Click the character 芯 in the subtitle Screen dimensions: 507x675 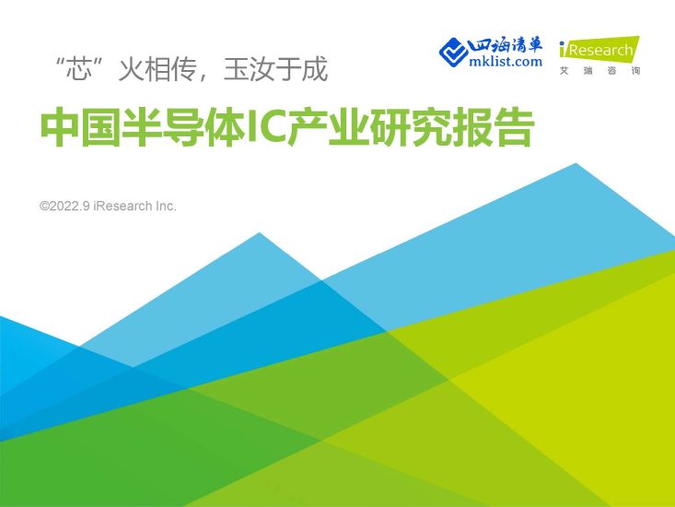pyautogui.click(x=87, y=69)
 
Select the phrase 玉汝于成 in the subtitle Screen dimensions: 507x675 pyautogui.click(x=275, y=69)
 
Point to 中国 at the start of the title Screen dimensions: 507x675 pyautogui.click(x=74, y=129)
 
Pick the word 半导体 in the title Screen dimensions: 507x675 pyautogui.click(x=176, y=129)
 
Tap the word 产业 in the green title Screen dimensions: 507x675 pyautogui.click(x=322, y=129)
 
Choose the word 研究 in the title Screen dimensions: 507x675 pyautogui.click(x=411, y=129)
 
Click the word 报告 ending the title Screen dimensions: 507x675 pyautogui.click(x=498, y=129)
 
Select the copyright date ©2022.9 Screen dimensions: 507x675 pyautogui.click(x=67, y=206)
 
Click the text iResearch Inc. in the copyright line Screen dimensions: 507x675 pyautogui.click(x=137, y=206)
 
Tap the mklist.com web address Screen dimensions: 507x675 pyautogui.click(x=506, y=62)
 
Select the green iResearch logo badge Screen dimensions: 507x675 pyautogui.click(x=598, y=50)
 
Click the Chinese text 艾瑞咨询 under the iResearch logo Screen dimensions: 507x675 pyautogui.click(x=599, y=71)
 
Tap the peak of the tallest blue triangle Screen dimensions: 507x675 pyautogui.click(x=576, y=164)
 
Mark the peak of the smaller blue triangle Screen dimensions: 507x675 pyautogui.click(x=259, y=232)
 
